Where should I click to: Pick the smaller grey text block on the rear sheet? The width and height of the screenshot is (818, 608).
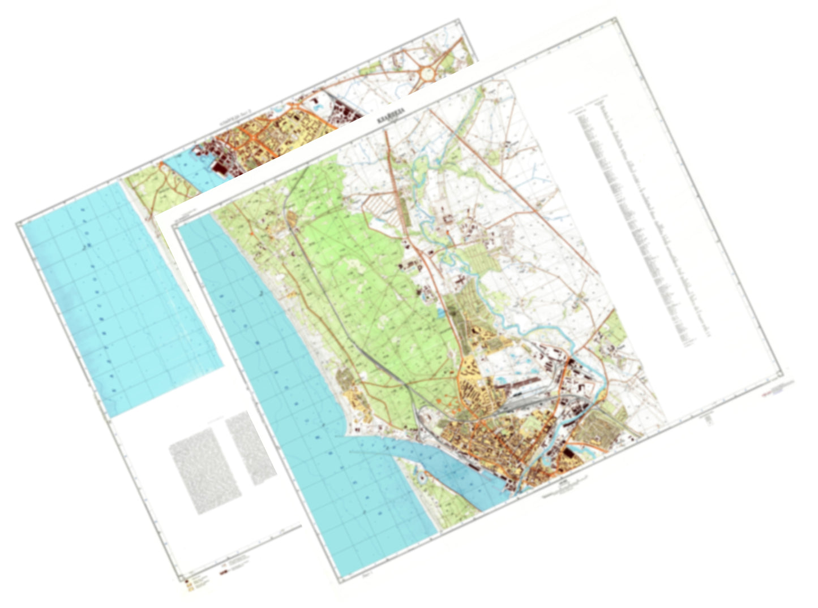(250, 447)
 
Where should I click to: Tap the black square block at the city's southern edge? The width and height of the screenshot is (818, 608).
(567, 455)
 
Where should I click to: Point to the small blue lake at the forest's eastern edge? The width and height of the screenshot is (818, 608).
(440, 312)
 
